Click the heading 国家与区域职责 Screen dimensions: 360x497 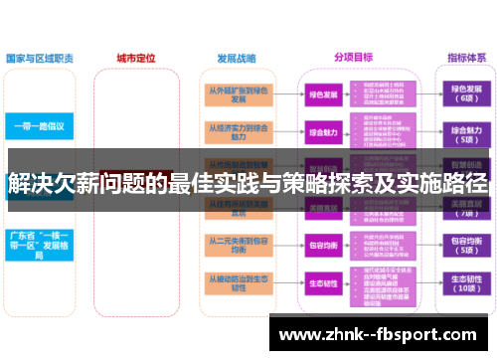[40, 59]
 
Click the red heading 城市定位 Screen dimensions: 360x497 [136, 59]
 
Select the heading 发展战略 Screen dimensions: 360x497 [235, 59]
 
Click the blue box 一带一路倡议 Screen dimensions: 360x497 [40, 126]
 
